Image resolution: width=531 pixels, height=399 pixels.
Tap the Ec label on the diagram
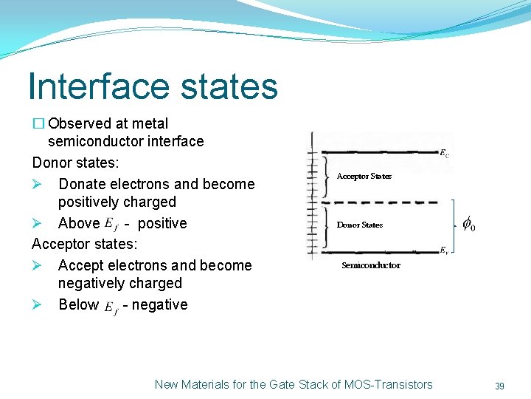point(445,154)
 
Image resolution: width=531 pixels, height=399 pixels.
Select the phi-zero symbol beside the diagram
point(468,224)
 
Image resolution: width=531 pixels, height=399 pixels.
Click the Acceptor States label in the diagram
point(364,176)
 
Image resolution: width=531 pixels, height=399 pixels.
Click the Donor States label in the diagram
point(360,225)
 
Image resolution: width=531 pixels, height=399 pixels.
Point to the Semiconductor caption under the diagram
point(371,265)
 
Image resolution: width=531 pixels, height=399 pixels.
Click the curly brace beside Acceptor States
point(327,177)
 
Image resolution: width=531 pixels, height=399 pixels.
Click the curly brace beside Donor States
point(327,225)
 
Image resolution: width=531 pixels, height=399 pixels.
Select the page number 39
point(499,386)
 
